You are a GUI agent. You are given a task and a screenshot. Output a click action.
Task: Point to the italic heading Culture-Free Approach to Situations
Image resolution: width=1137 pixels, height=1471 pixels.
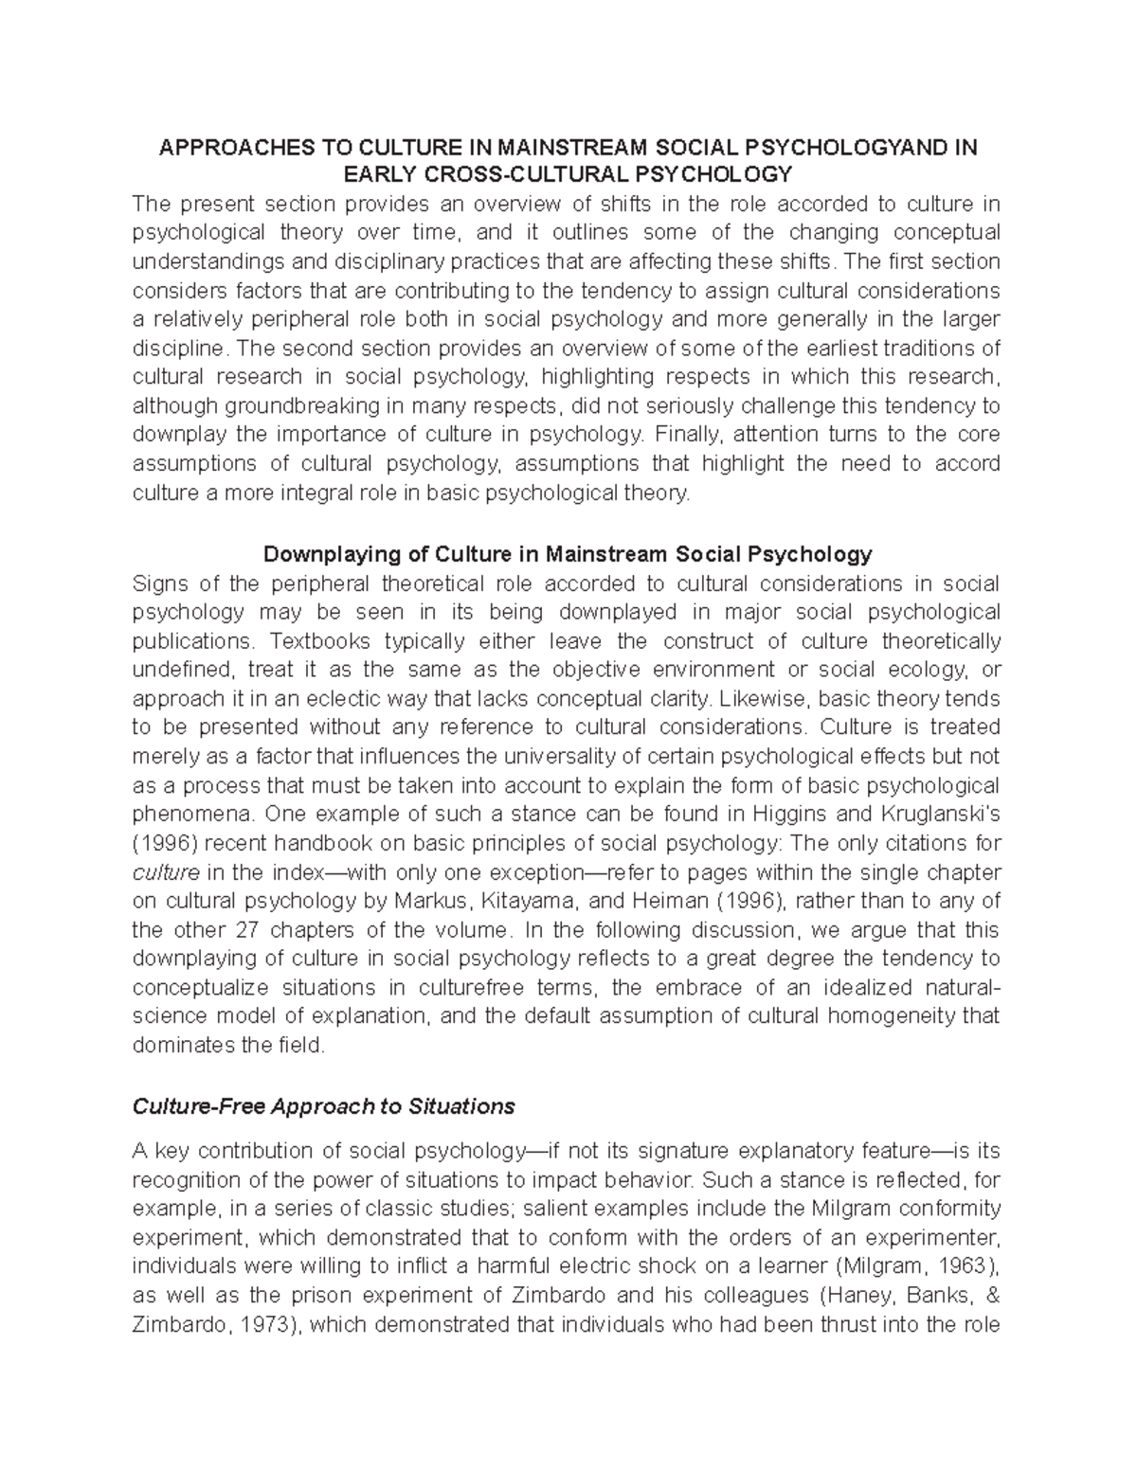(323, 1105)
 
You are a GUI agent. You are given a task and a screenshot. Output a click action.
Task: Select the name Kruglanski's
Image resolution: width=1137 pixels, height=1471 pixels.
(942, 814)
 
